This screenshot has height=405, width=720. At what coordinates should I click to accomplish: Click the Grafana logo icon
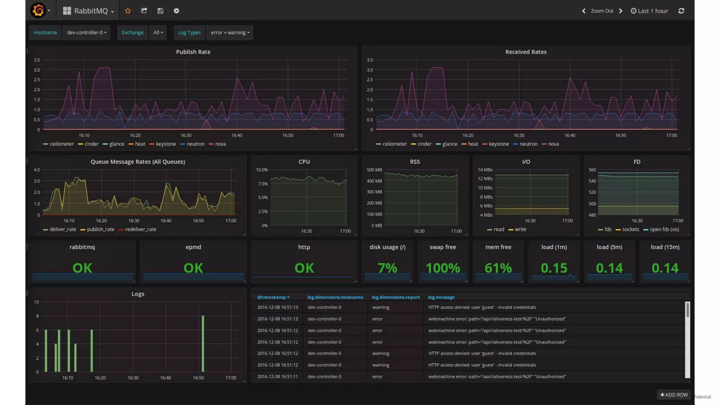coord(38,11)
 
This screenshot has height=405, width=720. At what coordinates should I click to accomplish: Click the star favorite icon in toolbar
coord(128,11)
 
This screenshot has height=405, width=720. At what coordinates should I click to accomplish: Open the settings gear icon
coord(176,11)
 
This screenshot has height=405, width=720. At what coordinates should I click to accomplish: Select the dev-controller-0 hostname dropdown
coord(86,32)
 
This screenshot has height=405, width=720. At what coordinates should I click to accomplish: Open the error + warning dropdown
coord(230,32)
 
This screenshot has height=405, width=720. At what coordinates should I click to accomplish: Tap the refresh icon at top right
coord(681,11)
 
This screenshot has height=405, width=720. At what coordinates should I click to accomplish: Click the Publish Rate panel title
coord(193,52)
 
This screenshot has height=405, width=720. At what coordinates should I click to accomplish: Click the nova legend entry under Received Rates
coord(553,144)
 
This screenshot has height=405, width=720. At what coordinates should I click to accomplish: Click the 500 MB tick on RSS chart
coord(374,170)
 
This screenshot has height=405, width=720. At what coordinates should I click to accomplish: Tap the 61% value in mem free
coord(498,268)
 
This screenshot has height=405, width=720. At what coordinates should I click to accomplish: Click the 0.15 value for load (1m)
coord(554,268)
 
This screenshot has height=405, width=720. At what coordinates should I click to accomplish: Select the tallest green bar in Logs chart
coord(203,343)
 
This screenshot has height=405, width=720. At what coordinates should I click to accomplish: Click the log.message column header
coord(441,297)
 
